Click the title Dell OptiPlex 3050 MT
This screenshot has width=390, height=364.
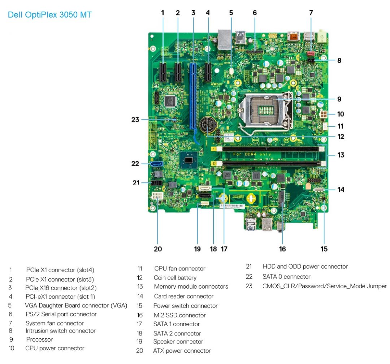pyautogui.click(x=49, y=15)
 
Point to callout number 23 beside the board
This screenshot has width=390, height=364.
pyautogui.click(x=135, y=119)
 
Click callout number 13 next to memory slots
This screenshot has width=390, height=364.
pyautogui.click(x=340, y=155)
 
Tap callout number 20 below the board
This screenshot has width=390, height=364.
pyautogui.click(x=158, y=249)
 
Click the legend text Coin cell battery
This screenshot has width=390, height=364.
pyautogui.click(x=175, y=278)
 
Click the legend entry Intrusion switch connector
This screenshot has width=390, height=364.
pyautogui.click(x=60, y=330)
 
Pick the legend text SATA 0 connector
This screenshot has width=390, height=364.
pyautogui.click(x=286, y=277)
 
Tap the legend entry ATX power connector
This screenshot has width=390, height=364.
pyautogui.click(x=182, y=350)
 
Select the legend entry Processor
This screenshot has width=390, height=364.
pyautogui.click(x=39, y=339)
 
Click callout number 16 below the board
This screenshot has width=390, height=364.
pyautogui.click(x=282, y=249)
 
